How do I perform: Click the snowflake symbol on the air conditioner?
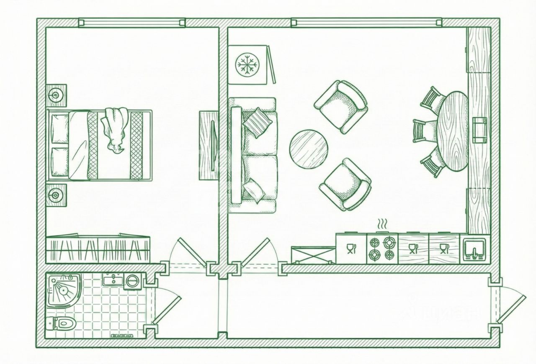[x=248, y=64]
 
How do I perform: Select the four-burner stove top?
[x=382, y=249]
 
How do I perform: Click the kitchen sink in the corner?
[x=475, y=249]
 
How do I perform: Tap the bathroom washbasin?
[x=112, y=279]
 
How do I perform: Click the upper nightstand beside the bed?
[x=56, y=94]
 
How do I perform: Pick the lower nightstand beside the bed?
[x=56, y=194]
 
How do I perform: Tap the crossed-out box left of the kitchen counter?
[x=313, y=255]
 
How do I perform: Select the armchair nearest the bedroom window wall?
[x=341, y=106]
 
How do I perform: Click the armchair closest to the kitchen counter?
[x=345, y=185]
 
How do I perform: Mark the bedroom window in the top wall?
[x=131, y=23]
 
